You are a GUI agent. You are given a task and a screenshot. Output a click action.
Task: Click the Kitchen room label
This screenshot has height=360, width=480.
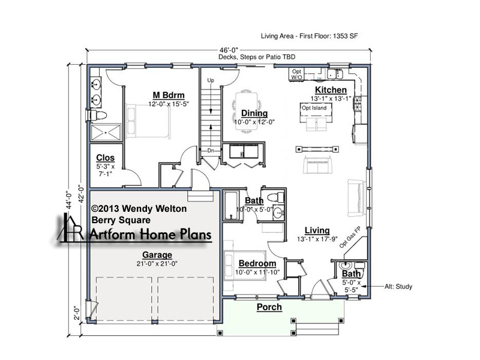331,89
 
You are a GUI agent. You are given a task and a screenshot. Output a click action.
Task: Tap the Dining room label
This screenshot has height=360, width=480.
254,113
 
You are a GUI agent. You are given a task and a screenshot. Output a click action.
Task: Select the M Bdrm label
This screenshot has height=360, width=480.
169,95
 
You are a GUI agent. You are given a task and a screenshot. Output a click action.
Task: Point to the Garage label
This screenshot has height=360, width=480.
157,254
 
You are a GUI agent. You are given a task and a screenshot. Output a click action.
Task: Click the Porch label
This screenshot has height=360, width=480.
269,307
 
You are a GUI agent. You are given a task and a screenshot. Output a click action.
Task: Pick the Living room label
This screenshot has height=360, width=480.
317,230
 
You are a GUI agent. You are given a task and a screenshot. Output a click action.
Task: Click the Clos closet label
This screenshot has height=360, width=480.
106,158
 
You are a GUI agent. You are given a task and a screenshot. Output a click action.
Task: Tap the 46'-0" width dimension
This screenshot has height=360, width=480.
229,50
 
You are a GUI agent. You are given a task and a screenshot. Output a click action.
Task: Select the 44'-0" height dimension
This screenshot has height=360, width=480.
68,200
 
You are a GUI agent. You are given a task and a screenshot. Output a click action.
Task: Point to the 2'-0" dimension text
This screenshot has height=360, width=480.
77,313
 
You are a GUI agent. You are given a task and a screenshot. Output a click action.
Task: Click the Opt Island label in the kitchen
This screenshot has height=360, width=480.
314,108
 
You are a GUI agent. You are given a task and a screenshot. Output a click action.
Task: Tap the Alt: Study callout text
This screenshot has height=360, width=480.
398,287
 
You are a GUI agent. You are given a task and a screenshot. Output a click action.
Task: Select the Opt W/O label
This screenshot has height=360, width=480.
296,74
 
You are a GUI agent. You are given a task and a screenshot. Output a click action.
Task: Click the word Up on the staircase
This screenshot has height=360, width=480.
211,80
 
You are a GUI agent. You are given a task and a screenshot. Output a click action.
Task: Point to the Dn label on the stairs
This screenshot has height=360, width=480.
211,151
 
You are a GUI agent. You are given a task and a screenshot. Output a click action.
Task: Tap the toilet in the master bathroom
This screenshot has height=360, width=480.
97,115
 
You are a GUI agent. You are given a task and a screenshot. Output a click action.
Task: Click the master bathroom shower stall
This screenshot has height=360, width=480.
106,132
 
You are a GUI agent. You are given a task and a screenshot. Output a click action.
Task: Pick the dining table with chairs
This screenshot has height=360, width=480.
247,112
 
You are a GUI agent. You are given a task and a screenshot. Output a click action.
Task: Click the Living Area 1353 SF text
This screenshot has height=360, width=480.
309,36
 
